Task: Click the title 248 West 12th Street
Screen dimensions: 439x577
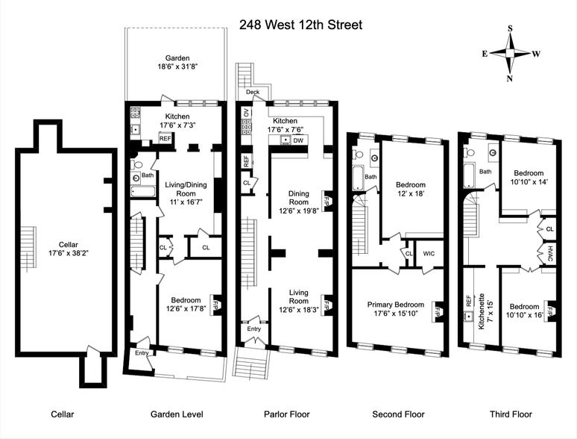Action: (300, 25)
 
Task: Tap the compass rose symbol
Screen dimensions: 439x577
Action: (510, 53)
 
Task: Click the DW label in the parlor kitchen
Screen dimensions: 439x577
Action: (298, 140)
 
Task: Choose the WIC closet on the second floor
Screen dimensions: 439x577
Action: (428, 254)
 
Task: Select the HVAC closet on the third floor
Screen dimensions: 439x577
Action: (549, 253)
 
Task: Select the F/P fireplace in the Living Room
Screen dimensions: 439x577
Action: (327, 304)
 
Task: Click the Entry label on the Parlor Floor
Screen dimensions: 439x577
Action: (254, 329)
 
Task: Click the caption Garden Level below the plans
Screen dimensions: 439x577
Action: (177, 414)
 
